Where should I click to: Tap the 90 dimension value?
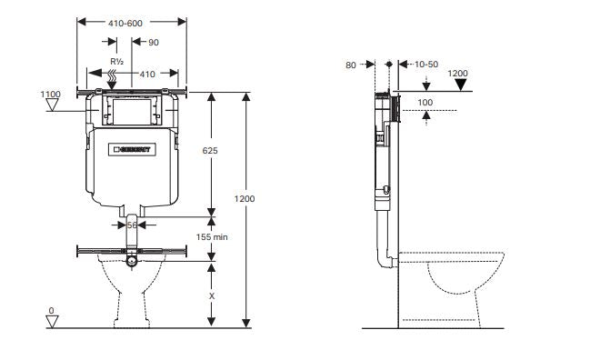(154, 43)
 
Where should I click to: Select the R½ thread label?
(115, 63)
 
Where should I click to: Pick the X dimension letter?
(212, 295)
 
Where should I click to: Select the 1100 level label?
(50, 93)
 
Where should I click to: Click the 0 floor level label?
(51, 311)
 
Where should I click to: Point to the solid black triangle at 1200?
(461, 86)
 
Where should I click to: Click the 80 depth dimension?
(352, 65)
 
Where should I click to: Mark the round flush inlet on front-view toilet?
(134, 262)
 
